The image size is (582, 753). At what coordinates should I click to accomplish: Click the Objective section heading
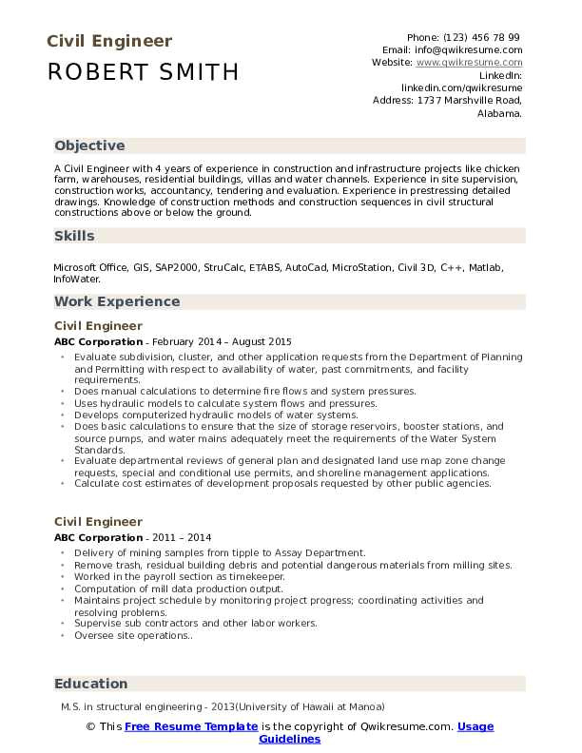(x=89, y=145)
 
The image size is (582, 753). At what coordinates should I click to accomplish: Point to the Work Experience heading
(x=117, y=301)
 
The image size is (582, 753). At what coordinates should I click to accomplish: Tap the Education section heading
(x=90, y=684)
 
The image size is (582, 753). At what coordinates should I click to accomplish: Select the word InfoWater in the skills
(x=75, y=280)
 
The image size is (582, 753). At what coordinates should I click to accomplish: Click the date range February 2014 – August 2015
(x=221, y=341)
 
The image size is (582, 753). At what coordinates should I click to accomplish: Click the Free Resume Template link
(x=191, y=726)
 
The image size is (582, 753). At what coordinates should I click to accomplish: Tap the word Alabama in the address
(x=498, y=112)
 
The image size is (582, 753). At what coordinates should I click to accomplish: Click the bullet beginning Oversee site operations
(x=133, y=635)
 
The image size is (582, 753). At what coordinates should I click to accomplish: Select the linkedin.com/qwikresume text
(x=461, y=87)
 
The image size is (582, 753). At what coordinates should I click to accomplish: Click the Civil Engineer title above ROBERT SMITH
(x=108, y=41)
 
